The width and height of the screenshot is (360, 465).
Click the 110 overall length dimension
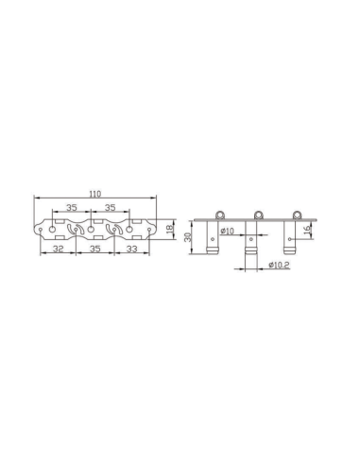coord(94,194)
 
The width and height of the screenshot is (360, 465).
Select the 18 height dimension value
coord(170,229)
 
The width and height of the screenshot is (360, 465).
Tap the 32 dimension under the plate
coord(58,249)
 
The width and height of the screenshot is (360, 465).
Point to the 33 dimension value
coord(132,249)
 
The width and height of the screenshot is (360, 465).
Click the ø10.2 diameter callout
coord(279,265)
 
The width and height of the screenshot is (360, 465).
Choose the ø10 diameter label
coord(228,231)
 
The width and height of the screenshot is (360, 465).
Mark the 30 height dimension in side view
coord(187,237)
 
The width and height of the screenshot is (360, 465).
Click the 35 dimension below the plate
coord(95,249)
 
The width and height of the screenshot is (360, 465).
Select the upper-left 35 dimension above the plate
coord(72,207)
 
